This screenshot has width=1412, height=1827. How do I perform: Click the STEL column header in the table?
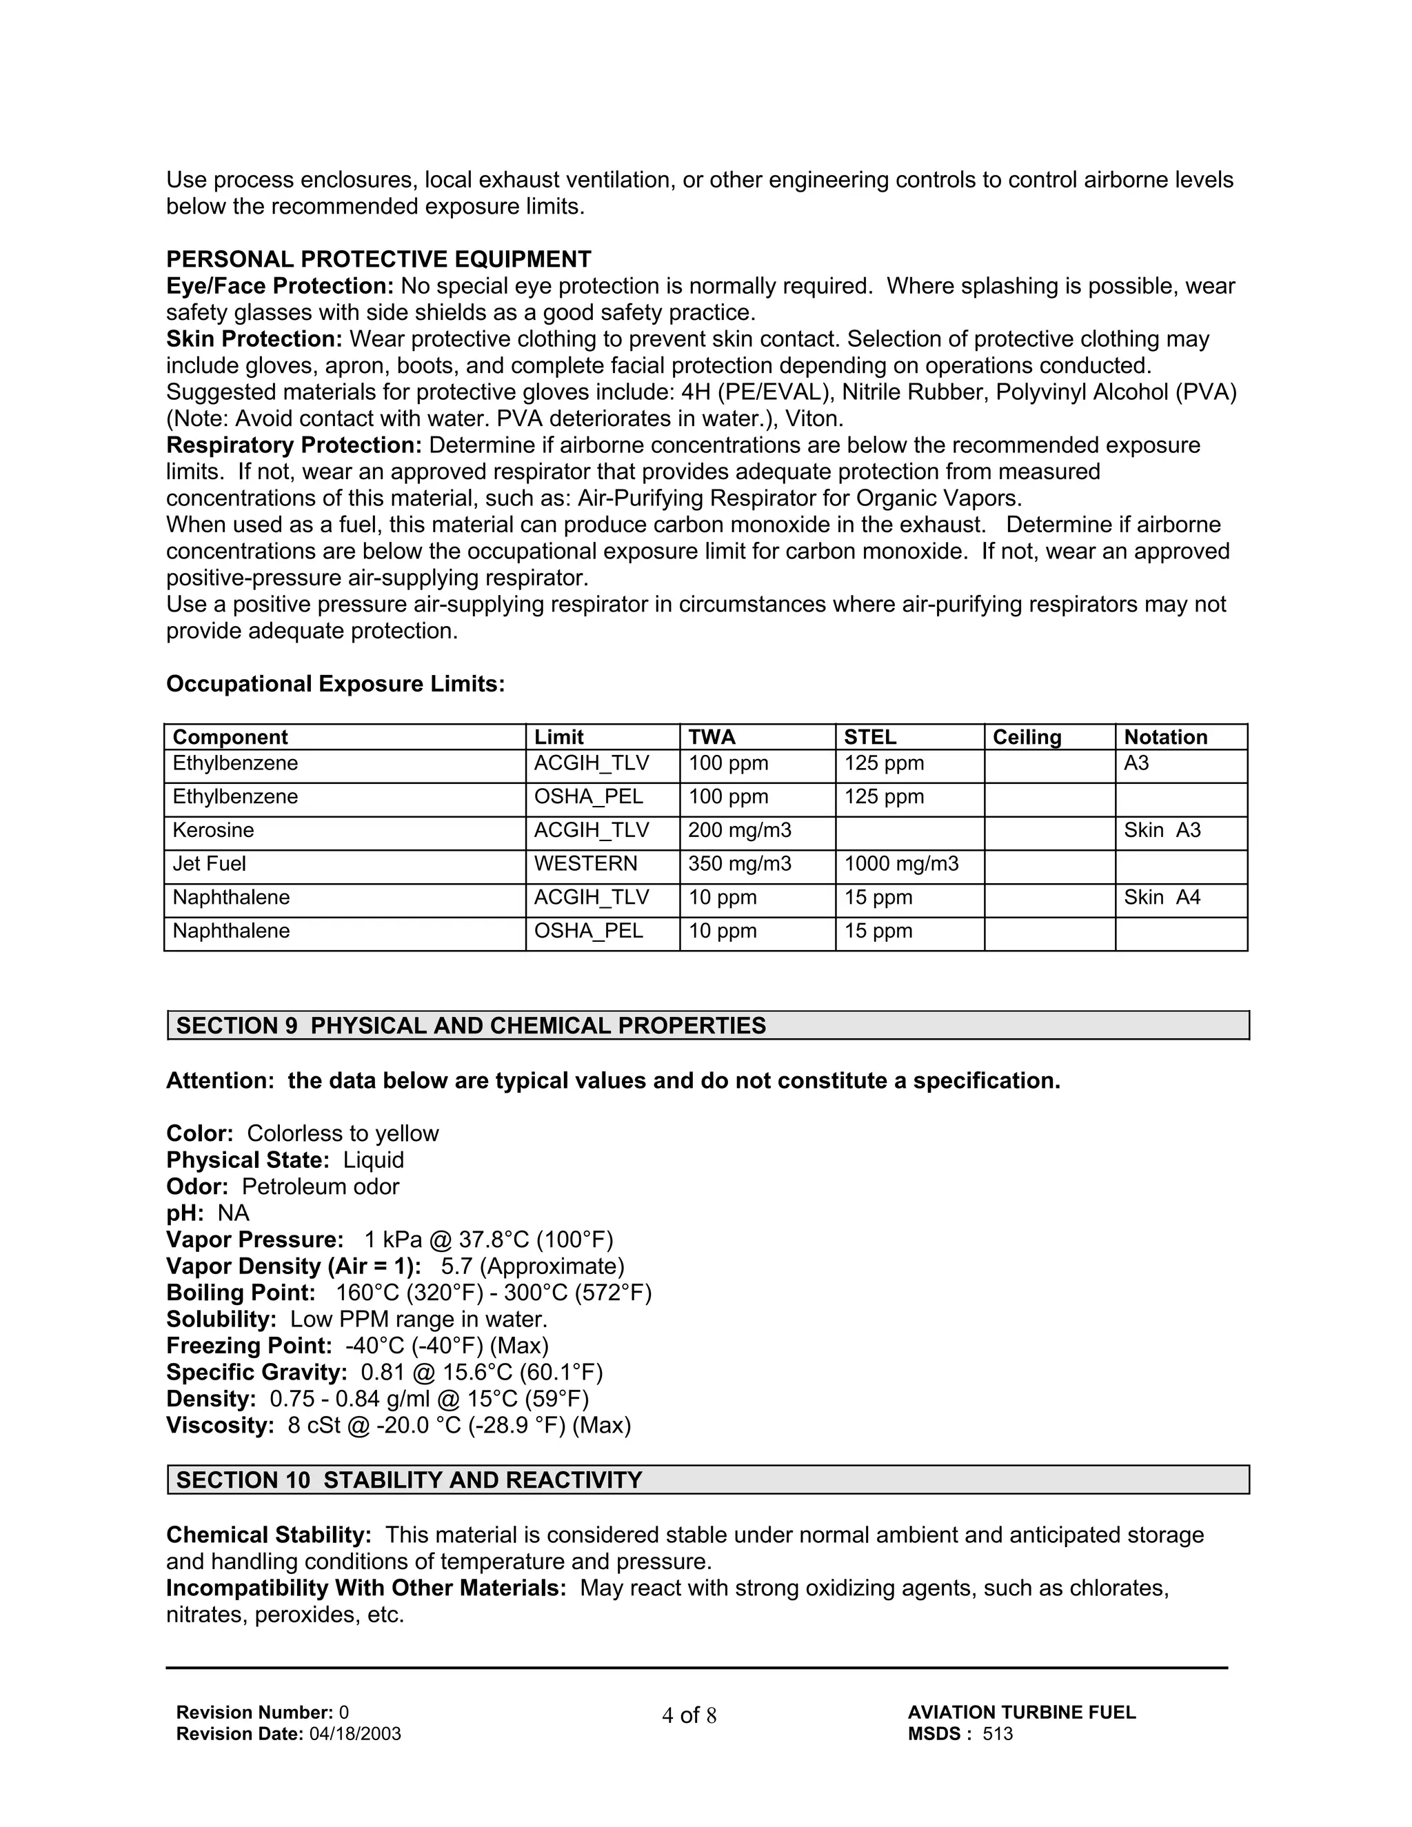(x=869, y=737)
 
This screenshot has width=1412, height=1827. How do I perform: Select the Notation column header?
(x=1165, y=737)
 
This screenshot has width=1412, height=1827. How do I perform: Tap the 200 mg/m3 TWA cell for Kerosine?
(x=740, y=830)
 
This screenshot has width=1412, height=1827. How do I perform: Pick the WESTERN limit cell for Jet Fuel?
(x=585, y=863)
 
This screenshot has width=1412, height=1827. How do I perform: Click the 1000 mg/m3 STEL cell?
(x=901, y=863)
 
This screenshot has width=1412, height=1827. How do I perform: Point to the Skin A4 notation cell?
(x=1162, y=897)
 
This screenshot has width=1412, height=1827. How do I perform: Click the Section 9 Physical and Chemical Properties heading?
(x=471, y=1026)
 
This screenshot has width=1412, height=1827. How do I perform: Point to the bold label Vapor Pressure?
(x=255, y=1240)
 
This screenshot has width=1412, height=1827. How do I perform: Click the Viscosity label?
(x=220, y=1426)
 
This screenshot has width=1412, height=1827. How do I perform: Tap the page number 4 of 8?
(x=689, y=1716)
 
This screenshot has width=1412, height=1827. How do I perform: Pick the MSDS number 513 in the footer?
(x=997, y=1734)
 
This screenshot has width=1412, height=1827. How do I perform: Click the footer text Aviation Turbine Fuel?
(x=1021, y=1713)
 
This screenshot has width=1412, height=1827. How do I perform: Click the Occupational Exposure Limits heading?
(x=336, y=685)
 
